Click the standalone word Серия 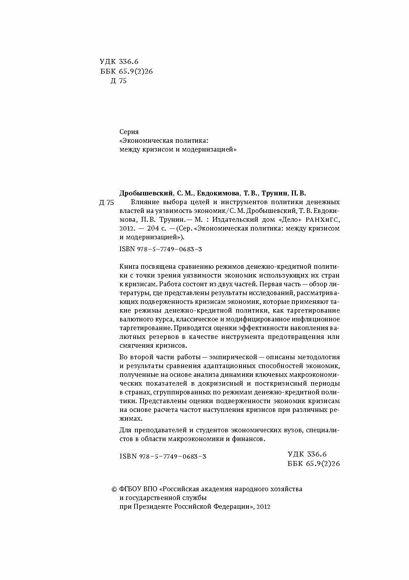129,132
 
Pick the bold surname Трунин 276,193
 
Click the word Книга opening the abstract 129,266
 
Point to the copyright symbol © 114,489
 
